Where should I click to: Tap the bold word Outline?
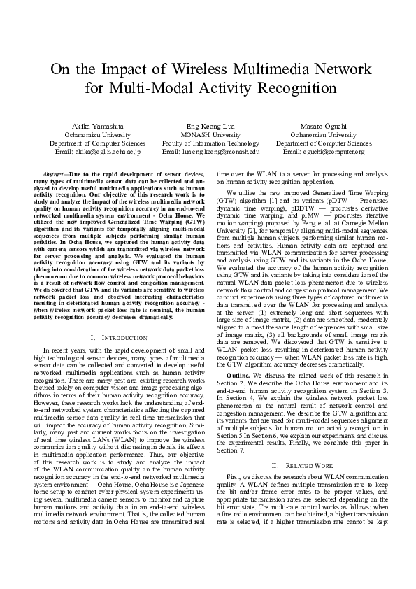239,376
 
